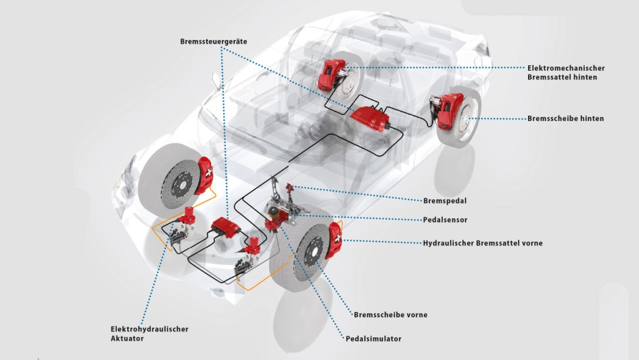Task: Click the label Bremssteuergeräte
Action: click(x=214, y=41)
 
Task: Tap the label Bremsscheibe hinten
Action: click(x=566, y=118)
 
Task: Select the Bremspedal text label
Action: click(x=445, y=201)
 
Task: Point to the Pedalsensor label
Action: click(x=445, y=220)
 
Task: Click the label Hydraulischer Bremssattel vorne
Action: click(x=483, y=244)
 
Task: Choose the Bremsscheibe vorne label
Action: click(x=390, y=315)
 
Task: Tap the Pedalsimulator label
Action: click(x=373, y=339)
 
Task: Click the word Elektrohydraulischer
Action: click(x=149, y=329)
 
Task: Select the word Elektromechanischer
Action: click(x=566, y=68)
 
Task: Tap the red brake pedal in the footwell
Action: click(x=290, y=189)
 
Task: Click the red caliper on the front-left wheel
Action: click(x=205, y=175)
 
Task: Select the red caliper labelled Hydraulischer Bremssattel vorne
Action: click(x=335, y=240)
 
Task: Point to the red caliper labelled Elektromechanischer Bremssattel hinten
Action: click(x=329, y=74)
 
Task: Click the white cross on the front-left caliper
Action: click(x=208, y=173)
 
